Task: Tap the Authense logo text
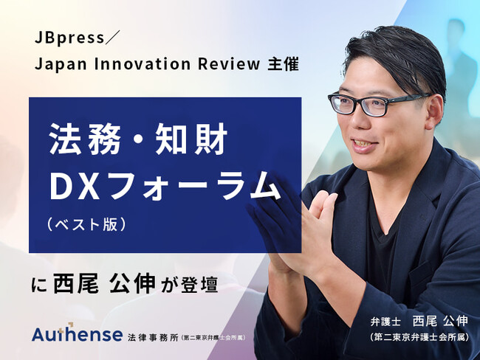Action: [77, 334]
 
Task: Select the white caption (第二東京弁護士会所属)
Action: [421, 338]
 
